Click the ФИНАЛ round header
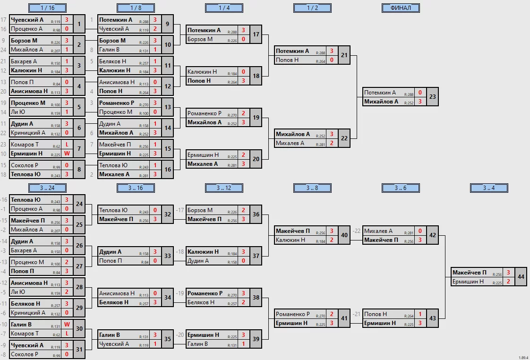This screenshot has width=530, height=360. click(x=401, y=8)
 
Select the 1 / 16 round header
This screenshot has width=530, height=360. click(x=47, y=8)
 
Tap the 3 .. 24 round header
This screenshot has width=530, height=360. click(x=47, y=188)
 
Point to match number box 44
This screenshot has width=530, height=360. click(x=521, y=277)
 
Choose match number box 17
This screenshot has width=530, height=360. click(x=256, y=34)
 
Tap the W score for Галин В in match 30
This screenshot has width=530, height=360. click(x=67, y=325)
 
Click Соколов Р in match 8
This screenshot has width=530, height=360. click(x=24, y=165)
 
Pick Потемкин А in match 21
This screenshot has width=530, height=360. click(x=293, y=51)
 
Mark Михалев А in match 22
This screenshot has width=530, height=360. click(x=291, y=143)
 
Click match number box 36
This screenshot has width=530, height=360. click(x=256, y=214)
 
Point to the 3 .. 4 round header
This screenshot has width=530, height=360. click(x=489, y=188)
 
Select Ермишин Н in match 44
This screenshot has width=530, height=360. click(x=468, y=282)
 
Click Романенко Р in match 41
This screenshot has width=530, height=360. click(x=293, y=314)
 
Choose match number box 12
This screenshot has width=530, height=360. click(x=168, y=86)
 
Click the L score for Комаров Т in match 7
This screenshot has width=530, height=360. click(x=67, y=145)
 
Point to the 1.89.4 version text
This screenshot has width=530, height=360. click(x=523, y=357)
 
